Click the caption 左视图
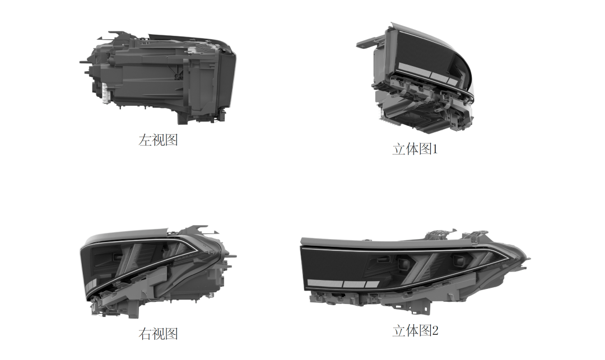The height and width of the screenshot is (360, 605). tap(158, 140)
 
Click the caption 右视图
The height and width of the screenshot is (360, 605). tap(158, 334)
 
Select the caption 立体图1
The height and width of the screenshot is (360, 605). tap(415, 149)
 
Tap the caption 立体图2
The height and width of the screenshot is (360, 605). tap(416, 331)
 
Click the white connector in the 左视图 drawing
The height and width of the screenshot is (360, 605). tap(106, 93)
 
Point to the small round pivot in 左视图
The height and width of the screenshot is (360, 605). tap(177, 76)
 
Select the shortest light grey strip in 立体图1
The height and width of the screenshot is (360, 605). tap(452, 81)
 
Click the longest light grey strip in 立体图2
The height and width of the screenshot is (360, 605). tap(324, 283)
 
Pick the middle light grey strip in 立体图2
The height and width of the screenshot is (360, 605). tap(354, 284)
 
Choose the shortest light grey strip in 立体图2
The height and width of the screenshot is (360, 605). tap(373, 284)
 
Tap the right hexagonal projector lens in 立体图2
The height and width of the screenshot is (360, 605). tap(459, 261)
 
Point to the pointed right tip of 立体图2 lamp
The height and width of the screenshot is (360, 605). tap(530, 259)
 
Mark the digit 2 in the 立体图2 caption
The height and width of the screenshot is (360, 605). tap(435, 331)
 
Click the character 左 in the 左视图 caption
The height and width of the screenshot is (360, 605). tap(145, 140)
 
